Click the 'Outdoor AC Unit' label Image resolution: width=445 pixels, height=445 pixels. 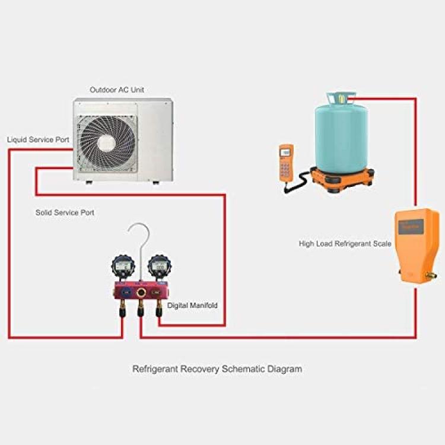click(117, 90)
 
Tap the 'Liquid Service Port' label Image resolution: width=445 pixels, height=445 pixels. click(39, 139)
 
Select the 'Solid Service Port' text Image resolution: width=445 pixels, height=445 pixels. click(65, 212)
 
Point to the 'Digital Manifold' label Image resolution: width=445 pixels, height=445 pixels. click(192, 306)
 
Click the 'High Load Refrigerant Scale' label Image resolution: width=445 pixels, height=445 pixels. click(345, 243)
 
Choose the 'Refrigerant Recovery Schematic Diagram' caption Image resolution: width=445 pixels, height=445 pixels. click(217, 369)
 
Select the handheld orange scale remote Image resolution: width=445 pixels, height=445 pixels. click(286, 164)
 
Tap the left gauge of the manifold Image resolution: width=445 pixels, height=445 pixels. click(123, 267)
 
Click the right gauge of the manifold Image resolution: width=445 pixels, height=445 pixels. click(160, 267)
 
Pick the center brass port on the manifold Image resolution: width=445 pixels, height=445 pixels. click(140, 293)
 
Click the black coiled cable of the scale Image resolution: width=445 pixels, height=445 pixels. click(297, 182)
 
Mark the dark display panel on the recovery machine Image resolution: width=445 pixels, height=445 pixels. click(411, 227)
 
